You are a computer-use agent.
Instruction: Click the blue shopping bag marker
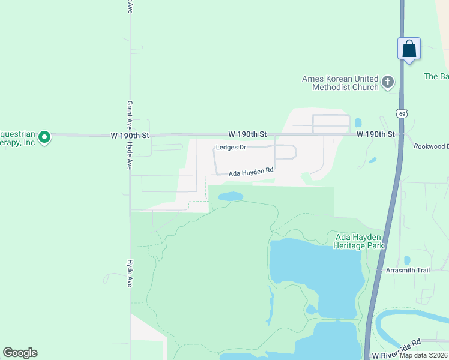409,49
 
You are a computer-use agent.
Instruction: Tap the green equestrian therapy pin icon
44,137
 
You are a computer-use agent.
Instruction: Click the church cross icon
388,82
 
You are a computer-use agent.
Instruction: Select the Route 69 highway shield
402,113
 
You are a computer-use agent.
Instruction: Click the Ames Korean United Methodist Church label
340,83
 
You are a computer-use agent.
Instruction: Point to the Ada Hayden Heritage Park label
359,241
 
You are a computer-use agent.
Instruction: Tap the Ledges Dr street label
231,148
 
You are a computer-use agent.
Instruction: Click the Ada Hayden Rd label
251,172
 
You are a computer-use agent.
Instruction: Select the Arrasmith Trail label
408,270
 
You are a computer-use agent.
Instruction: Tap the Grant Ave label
129,113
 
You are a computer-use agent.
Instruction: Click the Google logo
20,353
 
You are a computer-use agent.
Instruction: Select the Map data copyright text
424,355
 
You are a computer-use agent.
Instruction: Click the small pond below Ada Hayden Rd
231,196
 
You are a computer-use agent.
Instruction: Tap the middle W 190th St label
247,134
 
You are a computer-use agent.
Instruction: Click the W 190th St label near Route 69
376,134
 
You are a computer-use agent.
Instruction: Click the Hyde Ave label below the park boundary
129,273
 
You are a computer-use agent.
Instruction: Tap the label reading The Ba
436,76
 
